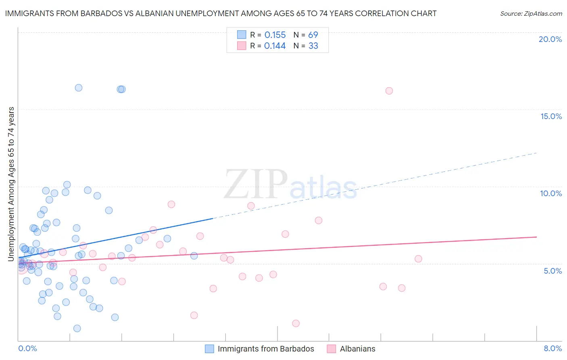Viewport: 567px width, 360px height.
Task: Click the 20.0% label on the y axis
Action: [x=550, y=39]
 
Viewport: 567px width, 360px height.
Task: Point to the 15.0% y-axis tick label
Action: [x=551, y=116]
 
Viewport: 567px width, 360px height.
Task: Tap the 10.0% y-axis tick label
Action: [x=551, y=193]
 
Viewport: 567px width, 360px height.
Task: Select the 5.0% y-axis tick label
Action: [x=552, y=271]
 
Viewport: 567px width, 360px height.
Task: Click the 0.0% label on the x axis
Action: [x=27, y=348]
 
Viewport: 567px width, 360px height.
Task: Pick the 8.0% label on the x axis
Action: [x=552, y=348]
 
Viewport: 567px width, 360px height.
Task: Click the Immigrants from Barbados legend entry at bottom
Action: [x=265, y=349]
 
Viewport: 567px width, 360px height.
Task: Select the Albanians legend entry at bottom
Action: [x=357, y=349]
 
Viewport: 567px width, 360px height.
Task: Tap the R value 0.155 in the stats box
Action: [x=275, y=35]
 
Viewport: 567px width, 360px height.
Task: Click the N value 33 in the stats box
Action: [x=313, y=46]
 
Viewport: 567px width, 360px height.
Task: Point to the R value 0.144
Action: [x=275, y=46]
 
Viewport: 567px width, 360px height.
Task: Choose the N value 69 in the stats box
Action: [x=313, y=35]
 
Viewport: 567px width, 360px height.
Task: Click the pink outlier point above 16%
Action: [x=389, y=91]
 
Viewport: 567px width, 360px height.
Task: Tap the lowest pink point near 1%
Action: [x=296, y=323]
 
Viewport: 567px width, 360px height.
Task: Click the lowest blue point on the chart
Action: [x=77, y=329]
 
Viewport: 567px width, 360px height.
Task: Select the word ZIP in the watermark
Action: [x=256, y=185]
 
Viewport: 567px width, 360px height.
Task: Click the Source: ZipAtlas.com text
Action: [x=531, y=14]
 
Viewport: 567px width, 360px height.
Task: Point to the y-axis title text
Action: [x=11, y=184]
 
